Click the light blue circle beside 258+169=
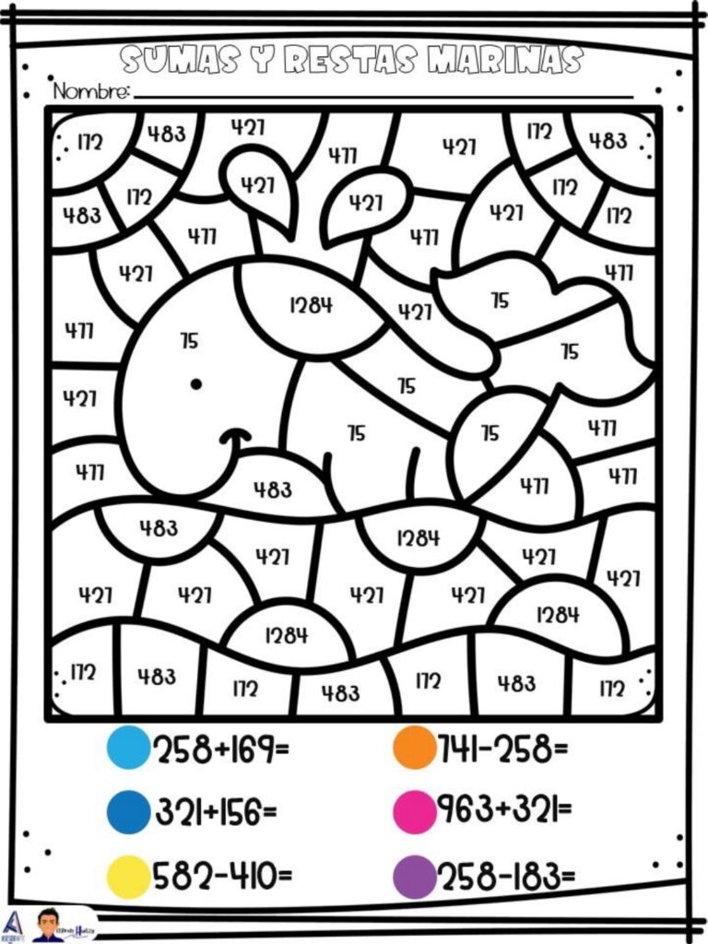point(127,748)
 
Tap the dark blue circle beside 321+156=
point(127,811)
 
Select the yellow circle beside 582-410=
point(127,876)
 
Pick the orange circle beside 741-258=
point(414,748)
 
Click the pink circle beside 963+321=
point(414,811)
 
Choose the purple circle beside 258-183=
point(414,876)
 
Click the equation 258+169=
point(220,749)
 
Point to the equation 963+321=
point(503,810)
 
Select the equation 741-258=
point(502,748)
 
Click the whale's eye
point(195,383)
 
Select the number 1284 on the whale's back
point(311,305)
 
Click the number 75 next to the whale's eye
point(189,341)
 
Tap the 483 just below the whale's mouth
point(273,490)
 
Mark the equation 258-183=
point(505,876)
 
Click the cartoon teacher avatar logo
point(48,925)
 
